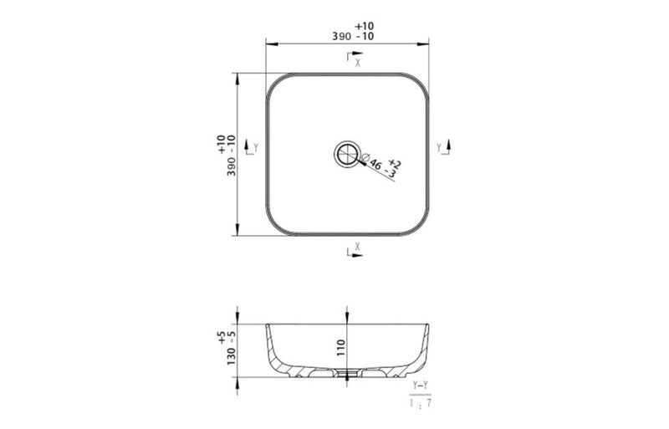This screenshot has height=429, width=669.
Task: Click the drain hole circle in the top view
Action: coord(345,154)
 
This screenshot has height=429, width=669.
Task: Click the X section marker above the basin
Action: coord(354,59)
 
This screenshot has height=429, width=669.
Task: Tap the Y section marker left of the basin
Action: coord(252,148)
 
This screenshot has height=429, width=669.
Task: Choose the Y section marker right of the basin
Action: coord(443,148)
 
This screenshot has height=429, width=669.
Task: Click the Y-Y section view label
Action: coord(421,385)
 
